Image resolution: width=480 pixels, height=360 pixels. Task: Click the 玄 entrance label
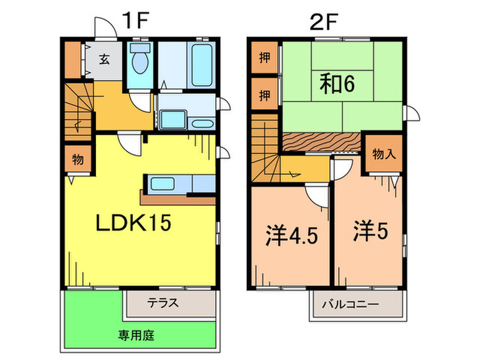coord(104,59)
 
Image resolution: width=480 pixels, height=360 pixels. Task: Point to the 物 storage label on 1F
coord(77,160)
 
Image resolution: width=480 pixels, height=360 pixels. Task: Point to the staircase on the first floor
coord(79,110)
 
